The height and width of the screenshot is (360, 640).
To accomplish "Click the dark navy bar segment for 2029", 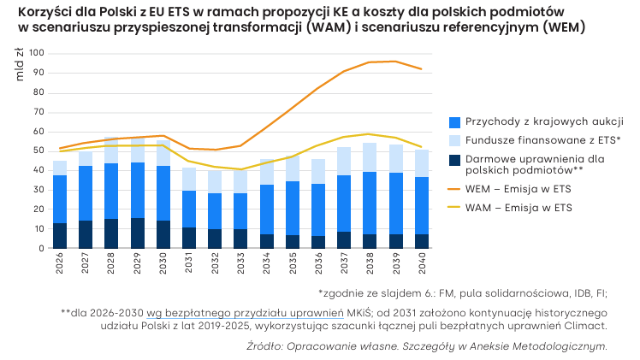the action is [138, 233].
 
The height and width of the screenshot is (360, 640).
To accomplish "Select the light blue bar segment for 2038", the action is [370, 157].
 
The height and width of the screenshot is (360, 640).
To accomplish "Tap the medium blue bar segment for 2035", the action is [293, 208].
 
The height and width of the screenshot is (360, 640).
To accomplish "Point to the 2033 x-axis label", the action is [240, 263].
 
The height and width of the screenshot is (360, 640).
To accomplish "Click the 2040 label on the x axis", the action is [422, 263].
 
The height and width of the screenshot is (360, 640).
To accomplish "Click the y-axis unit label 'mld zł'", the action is [19, 64].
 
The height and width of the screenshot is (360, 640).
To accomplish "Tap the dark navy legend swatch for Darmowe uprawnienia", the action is [454, 160].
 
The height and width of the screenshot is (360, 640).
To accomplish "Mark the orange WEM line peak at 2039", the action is [395, 62].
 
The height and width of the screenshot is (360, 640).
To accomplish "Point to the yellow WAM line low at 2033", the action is [240, 169].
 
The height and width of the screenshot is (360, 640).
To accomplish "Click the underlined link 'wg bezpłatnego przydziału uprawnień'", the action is [245, 313].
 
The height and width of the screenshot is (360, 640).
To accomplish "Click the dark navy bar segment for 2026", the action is [60, 236].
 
